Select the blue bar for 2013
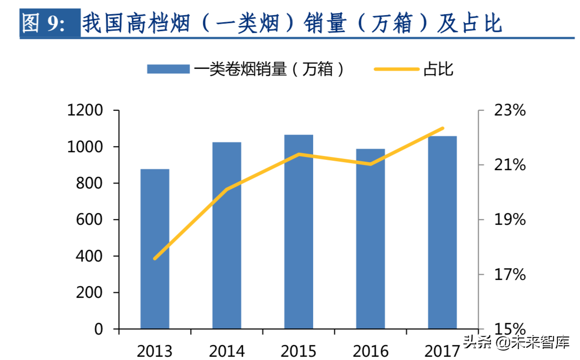point(155,249)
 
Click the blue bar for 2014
point(227,236)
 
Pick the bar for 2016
point(371,239)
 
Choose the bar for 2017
point(442,232)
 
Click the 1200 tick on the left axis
point(85,111)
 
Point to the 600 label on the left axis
point(90,220)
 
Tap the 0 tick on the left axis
point(98,329)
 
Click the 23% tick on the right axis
point(510,111)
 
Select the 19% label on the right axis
point(510,220)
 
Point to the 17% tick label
point(510,274)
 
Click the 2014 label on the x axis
point(227,351)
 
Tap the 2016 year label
point(371,351)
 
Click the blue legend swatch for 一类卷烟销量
point(168,69)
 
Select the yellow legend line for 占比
point(397,69)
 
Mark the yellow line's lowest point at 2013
point(155,259)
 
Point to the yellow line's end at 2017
point(442,128)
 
